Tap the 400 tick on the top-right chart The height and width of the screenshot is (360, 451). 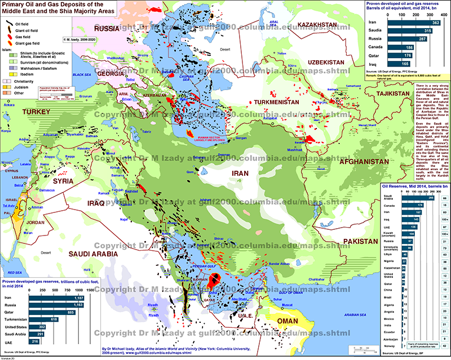tap(443, 16)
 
